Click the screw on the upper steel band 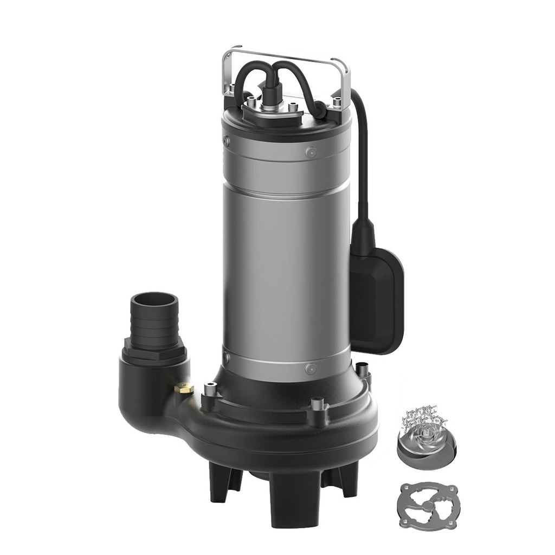click(x=310, y=153)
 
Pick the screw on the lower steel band click(x=311, y=369)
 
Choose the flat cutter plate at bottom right click(x=427, y=505)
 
